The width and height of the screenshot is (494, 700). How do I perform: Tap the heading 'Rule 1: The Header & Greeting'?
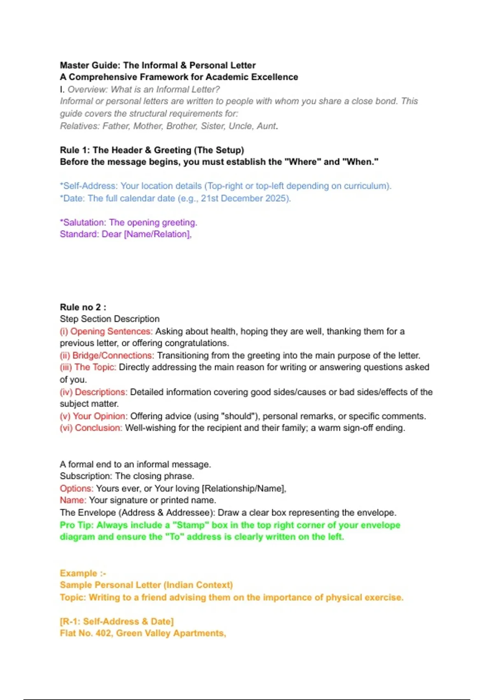152,150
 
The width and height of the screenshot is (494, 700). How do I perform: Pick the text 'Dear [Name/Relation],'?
147,234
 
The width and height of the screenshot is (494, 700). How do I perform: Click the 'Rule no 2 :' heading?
83,307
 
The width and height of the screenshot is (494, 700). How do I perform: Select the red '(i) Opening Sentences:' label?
106,331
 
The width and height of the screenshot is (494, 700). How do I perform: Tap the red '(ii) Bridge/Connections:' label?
107,355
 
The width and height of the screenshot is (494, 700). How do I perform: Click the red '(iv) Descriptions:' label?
93,392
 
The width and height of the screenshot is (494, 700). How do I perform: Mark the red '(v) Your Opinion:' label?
93,416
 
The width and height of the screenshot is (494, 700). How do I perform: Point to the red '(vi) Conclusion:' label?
91,428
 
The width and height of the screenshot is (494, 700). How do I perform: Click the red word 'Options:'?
77,488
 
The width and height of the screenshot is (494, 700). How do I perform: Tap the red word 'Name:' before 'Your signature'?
73,500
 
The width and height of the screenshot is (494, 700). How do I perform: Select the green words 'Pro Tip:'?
77,525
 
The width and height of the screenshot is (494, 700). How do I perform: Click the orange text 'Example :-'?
83,573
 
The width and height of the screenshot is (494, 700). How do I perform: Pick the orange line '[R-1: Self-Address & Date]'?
117,621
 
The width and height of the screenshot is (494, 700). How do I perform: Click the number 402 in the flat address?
103,633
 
